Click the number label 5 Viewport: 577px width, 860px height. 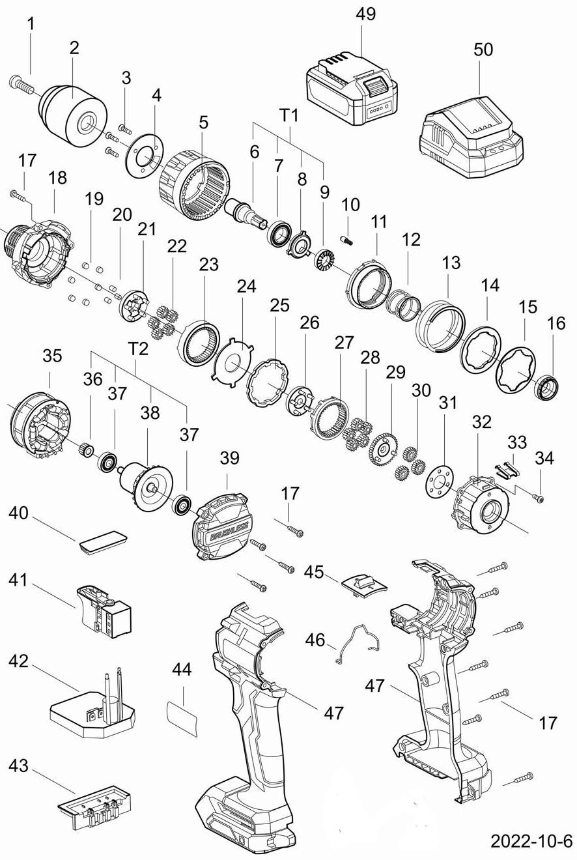pyautogui.click(x=203, y=122)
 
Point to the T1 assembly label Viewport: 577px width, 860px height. pyautogui.click(x=288, y=115)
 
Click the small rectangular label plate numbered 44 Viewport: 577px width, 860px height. pyautogui.click(x=182, y=718)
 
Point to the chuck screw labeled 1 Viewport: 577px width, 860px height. pyautogui.click(x=20, y=83)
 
